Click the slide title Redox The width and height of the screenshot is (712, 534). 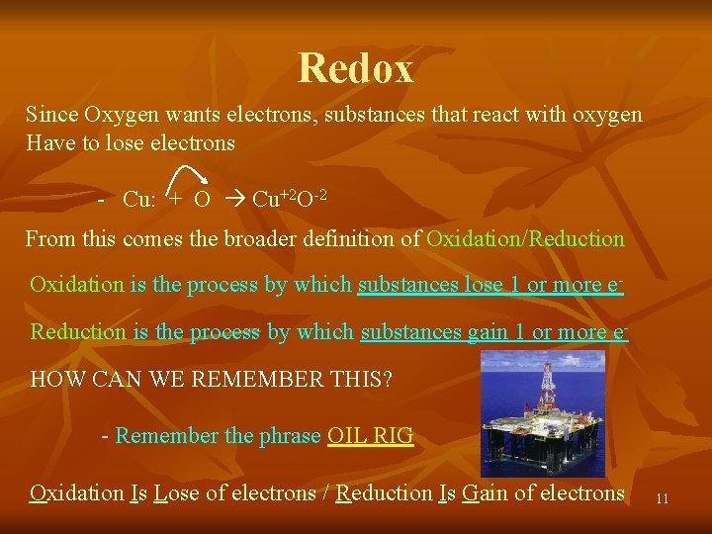click(x=356, y=68)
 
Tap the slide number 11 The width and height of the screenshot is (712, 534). click(x=662, y=499)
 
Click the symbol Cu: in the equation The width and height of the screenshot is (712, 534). click(x=140, y=199)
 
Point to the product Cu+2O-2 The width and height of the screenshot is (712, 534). click(x=290, y=198)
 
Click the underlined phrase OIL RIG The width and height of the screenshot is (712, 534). click(x=370, y=436)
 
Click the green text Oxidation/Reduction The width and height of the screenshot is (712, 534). click(x=525, y=238)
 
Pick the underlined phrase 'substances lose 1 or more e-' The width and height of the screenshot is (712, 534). click(x=489, y=285)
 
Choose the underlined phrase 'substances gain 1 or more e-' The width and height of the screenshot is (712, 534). click(x=494, y=332)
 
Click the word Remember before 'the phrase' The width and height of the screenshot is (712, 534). click(x=165, y=436)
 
